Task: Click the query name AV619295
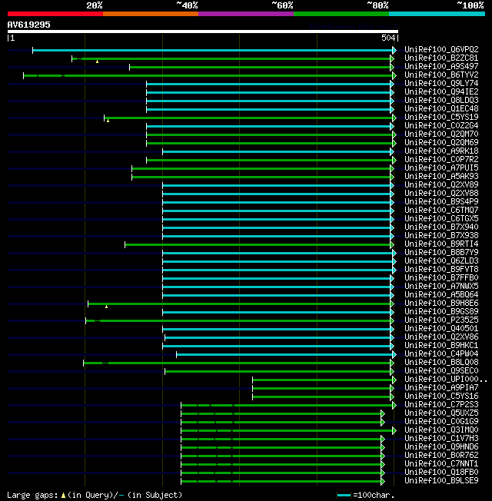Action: coord(29,25)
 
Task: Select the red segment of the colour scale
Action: coord(55,13)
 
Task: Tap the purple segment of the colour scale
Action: coord(245,13)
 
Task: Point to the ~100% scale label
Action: coord(470,5)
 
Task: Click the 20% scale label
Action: coord(94,5)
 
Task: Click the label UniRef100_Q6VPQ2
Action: coord(441,49)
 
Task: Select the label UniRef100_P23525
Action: coord(441,320)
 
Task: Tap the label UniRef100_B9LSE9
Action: coord(441,480)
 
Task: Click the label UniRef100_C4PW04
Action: coord(441,353)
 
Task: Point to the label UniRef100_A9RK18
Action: coord(441,151)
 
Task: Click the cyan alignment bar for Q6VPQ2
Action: coord(211,50)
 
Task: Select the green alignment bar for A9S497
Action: coord(261,67)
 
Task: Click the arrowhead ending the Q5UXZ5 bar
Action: coord(382,413)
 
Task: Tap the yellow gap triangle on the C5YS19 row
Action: coord(108,120)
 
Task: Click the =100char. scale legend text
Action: coord(373,495)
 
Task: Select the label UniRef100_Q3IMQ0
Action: coord(441,430)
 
